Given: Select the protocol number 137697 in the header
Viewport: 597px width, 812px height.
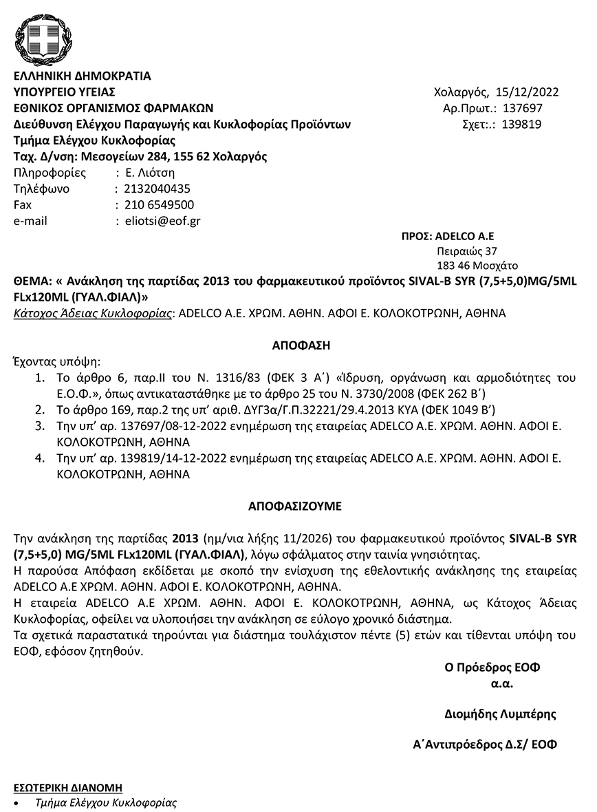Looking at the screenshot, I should coord(523,108).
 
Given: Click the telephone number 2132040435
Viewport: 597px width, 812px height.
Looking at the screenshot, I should coord(157,189).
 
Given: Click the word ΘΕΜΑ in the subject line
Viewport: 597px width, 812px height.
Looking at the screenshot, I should coord(30,281).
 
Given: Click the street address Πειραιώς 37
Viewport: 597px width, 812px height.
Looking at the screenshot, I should coord(467,251).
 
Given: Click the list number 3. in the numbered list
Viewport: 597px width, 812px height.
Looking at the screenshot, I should coord(41,427).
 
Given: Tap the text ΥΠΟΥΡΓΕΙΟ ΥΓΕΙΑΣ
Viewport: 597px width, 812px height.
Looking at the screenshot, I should coord(65,92).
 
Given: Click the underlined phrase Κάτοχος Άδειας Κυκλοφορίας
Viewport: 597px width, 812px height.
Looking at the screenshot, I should coord(93,313).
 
